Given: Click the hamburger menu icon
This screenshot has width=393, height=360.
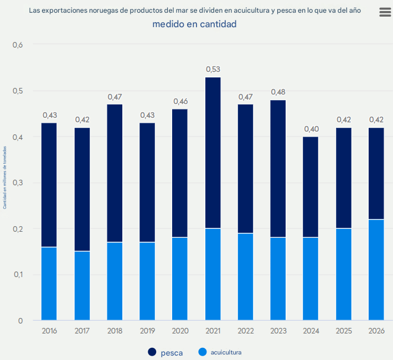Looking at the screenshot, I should click(385, 13).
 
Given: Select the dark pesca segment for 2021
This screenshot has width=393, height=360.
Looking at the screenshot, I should click(213, 153).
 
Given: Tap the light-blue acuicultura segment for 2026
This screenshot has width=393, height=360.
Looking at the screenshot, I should click(376, 270).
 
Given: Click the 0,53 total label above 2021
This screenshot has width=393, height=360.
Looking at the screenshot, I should click(213, 69).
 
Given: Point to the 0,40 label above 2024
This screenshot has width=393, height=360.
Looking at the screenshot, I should click(311, 129).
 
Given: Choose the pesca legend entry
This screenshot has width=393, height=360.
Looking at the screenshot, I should click(166, 352).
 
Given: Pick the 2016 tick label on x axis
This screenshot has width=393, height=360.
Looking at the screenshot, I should click(49, 331).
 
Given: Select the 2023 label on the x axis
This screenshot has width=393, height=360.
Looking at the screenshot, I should click(278, 331).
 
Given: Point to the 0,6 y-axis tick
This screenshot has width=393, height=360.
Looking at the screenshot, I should click(18, 45).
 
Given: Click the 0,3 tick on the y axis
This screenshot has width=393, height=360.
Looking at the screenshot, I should click(18, 182).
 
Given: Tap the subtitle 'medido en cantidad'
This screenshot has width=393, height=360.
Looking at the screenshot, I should click(194, 24).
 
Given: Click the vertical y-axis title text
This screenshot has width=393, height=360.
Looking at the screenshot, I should click(5, 177).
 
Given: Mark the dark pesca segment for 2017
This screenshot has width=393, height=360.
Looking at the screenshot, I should click(82, 189).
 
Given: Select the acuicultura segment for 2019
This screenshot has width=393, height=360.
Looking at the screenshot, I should click(147, 281).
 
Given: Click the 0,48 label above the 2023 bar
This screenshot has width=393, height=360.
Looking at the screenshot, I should click(278, 92).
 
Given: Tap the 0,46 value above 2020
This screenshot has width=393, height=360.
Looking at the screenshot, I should click(180, 101).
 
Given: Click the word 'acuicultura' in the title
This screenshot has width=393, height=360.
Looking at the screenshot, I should click(255, 11).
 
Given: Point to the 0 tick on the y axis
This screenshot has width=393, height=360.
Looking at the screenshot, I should click(20, 320).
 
